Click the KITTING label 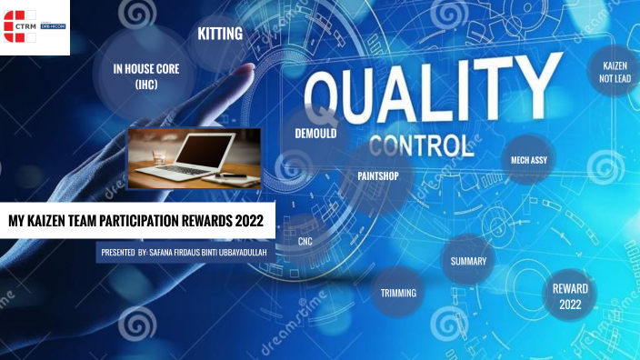pyautogui.click(x=220, y=35)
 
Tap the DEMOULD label pyautogui.click(x=315, y=133)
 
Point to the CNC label pyautogui.click(x=305, y=242)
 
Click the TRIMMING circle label pyautogui.click(x=398, y=293)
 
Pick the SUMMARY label pyautogui.click(x=468, y=262)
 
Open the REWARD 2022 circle pyautogui.click(x=570, y=295)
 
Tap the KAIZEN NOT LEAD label pyautogui.click(x=615, y=73)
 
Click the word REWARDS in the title pyautogui.click(x=205, y=220)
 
